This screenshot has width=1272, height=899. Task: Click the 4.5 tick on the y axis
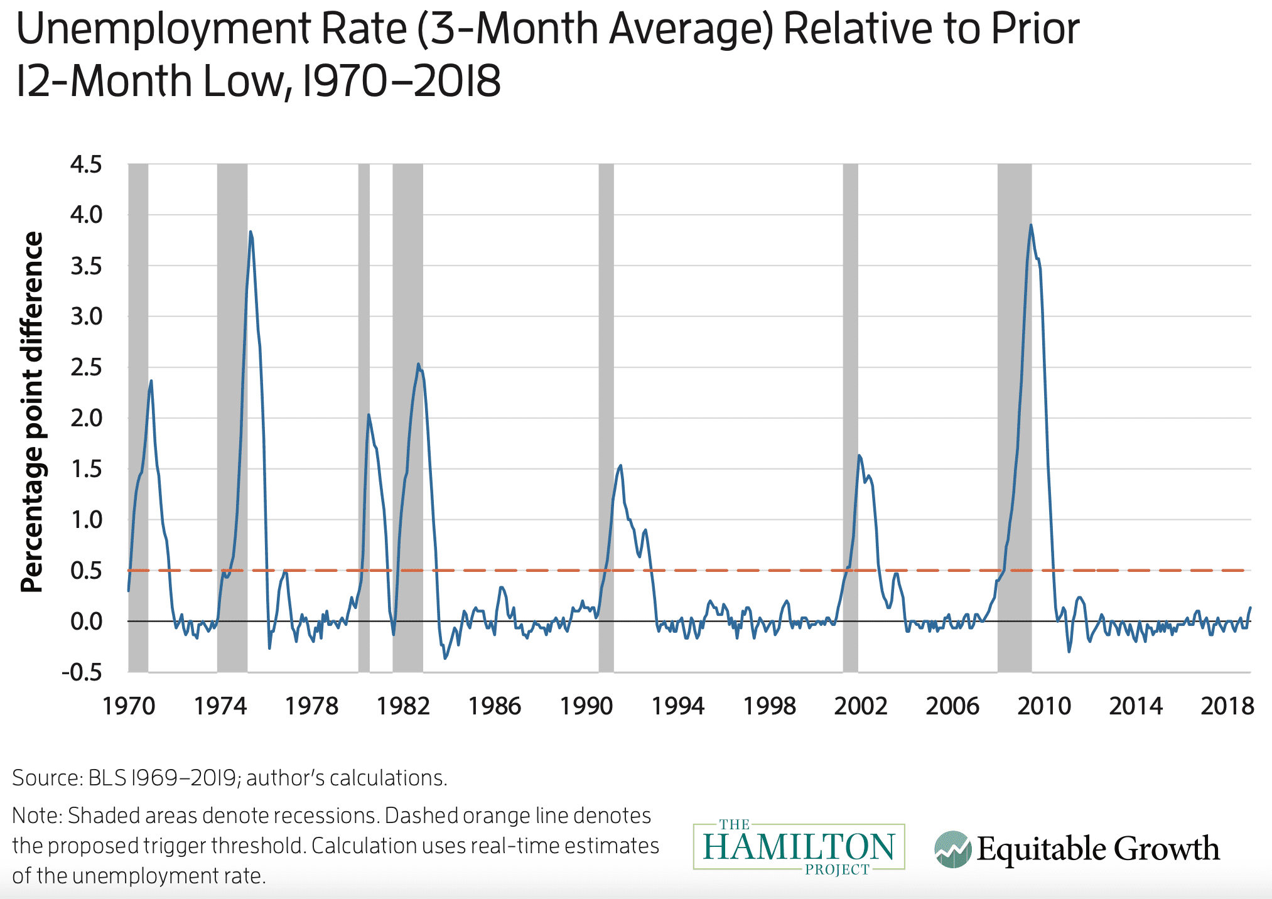(x=86, y=165)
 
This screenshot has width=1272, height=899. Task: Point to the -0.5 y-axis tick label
(x=82, y=672)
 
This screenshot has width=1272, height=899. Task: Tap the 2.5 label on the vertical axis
(x=86, y=368)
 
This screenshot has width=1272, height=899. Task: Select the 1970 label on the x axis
(x=129, y=706)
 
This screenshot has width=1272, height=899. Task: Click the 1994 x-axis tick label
(x=678, y=706)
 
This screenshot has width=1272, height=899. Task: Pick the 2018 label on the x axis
(x=1227, y=706)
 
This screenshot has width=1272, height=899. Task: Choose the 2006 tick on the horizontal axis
(x=952, y=706)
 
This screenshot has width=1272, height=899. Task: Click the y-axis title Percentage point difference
(x=32, y=412)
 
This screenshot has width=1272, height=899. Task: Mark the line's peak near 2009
(x=1031, y=225)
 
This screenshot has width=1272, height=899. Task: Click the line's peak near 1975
(x=251, y=232)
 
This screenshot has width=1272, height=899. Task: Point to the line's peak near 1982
(x=418, y=364)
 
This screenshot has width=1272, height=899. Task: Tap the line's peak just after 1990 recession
(x=621, y=465)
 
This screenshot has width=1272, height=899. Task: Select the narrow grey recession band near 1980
(x=364, y=417)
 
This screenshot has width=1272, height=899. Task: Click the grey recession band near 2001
(x=850, y=417)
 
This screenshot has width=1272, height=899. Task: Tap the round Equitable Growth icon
(x=952, y=849)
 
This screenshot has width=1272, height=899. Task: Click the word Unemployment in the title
(x=163, y=30)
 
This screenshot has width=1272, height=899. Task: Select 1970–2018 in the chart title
(x=402, y=82)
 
